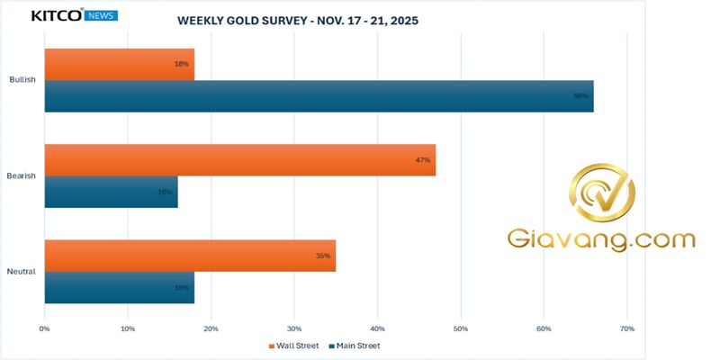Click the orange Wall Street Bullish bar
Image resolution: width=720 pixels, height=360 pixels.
point(119,65)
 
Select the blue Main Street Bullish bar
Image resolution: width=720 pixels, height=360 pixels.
point(319,96)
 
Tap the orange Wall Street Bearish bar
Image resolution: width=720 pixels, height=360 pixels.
point(239,160)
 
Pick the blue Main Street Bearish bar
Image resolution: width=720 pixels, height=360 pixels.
point(111,192)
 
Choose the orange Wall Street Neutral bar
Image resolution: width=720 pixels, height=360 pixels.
point(189,256)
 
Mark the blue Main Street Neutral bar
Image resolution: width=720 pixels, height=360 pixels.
point(119,287)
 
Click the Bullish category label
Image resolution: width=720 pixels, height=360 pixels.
point(22,80)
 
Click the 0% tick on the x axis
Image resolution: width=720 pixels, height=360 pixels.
point(44,328)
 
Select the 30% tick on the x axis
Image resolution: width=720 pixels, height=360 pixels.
point(294,328)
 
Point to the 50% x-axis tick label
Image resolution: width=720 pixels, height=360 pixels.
point(461,328)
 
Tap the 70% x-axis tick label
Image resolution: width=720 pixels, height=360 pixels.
point(627,328)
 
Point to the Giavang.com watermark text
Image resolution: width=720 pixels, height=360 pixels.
point(601,240)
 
